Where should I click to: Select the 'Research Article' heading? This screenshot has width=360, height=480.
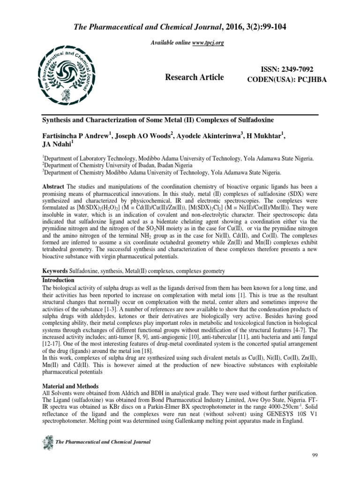pyautogui.click(x=194, y=77)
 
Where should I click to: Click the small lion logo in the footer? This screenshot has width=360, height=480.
pyautogui.click(x=48, y=441)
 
